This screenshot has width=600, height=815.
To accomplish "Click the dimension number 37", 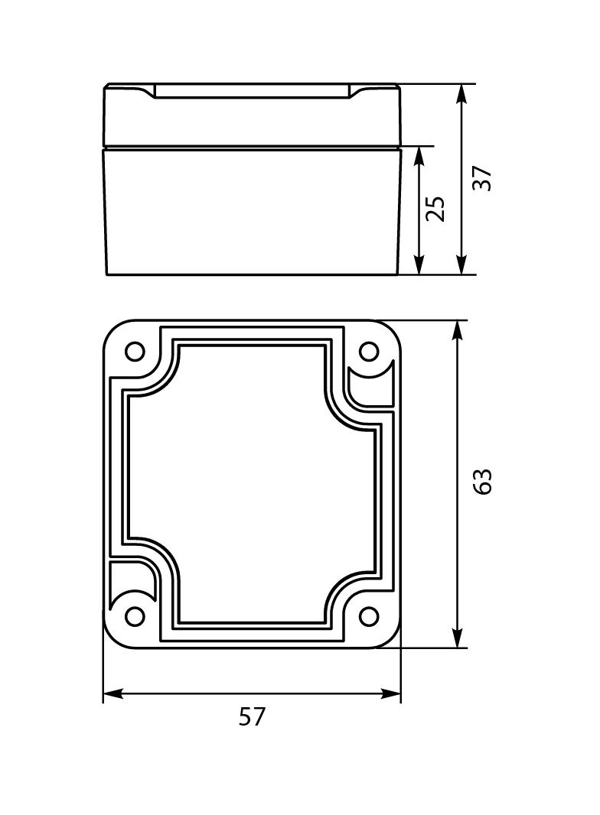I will tap(482, 178).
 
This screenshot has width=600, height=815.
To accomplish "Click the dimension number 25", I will tap(435, 209).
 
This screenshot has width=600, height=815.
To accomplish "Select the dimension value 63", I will tap(482, 481).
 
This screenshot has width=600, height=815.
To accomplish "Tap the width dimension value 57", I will tap(252, 717).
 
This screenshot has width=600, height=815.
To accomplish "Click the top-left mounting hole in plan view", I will tap(135, 352).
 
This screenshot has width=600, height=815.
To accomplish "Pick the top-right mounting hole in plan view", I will tap(369, 352).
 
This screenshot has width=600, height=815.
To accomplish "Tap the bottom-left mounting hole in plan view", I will tap(135, 616).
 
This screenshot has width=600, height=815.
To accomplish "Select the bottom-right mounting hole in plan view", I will tap(369, 616).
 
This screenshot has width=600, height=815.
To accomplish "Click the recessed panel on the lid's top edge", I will tap(253, 92).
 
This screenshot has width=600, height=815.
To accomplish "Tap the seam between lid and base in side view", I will tap(253, 147).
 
